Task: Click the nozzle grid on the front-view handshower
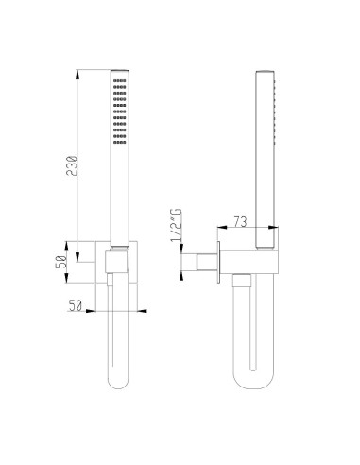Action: [119, 112]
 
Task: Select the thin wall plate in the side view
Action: [217, 260]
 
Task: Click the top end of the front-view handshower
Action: [119, 73]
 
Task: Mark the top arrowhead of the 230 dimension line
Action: [77, 72]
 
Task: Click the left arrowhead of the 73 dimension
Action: [220, 229]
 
